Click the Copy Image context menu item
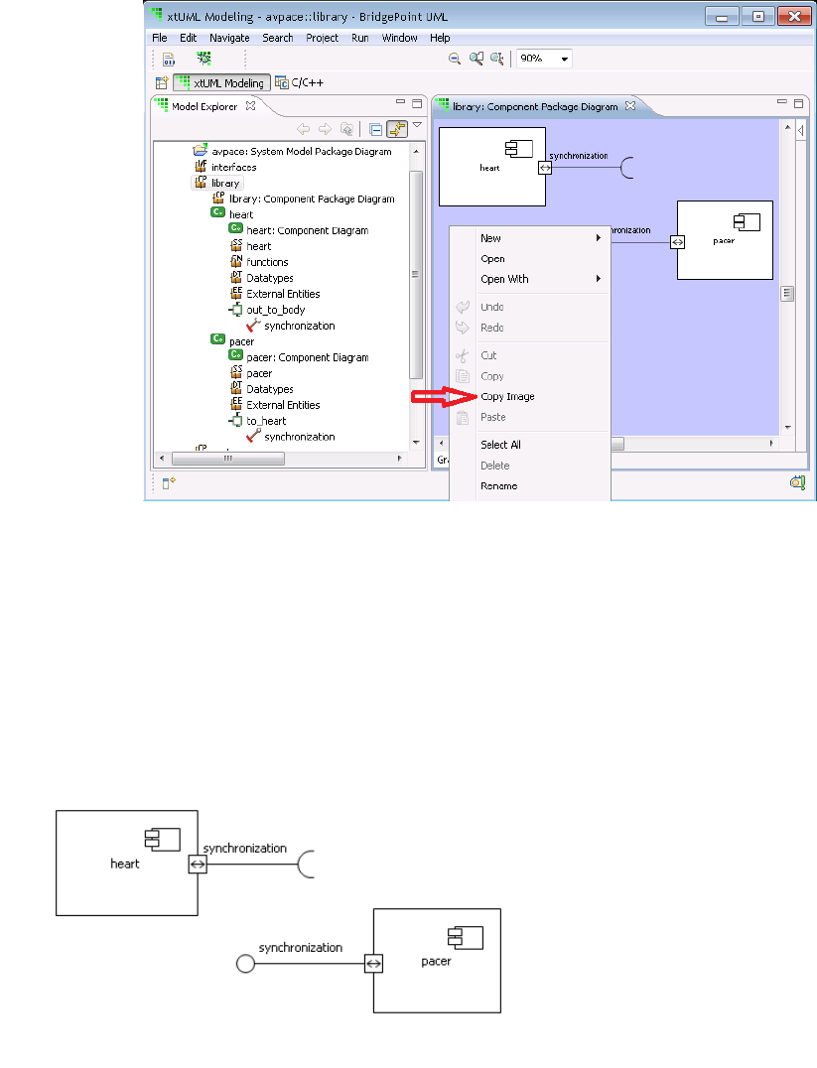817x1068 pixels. coord(507,397)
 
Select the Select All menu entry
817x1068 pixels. coord(500,445)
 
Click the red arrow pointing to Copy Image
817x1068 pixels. coord(436,397)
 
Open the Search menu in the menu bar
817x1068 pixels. coord(278,38)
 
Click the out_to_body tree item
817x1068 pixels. coord(275,310)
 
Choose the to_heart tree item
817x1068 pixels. coord(266,421)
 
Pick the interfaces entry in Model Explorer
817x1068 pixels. coord(233,167)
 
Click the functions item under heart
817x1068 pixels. coord(267,262)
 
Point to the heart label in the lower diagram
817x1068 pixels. coord(125,864)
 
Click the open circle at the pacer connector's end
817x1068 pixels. coord(244,963)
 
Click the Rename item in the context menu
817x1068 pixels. coord(498,486)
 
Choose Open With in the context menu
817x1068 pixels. coord(504,279)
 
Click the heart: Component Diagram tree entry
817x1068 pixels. coord(307,230)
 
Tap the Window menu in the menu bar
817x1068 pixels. coord(399,38)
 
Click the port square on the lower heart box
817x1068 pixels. coord(197,865)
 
